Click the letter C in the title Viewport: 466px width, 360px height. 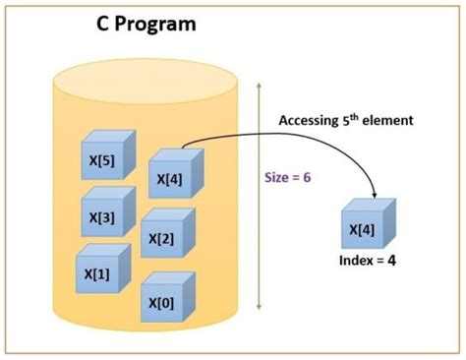[x=102, y=23]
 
